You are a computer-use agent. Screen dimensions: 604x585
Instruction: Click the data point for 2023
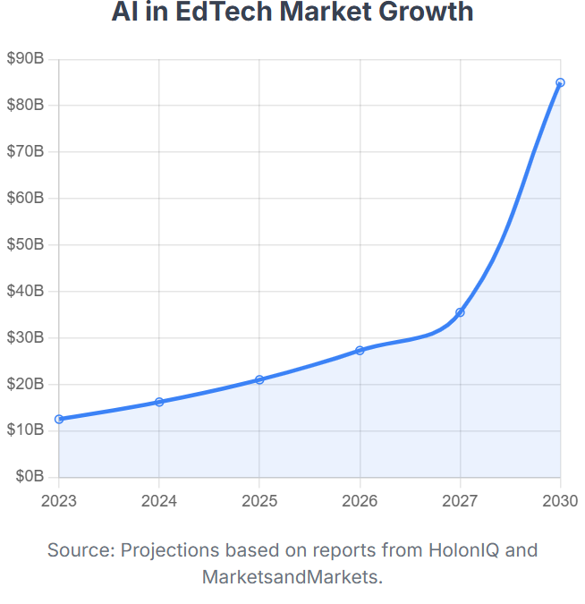coord(59,419)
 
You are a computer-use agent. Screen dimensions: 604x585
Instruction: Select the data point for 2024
coord(159,402)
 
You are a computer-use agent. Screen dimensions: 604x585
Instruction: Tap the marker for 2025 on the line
coord(259,379)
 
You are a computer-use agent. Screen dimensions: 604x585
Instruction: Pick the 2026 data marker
coord(360,350)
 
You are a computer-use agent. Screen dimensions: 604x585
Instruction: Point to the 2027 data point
coord(460,312)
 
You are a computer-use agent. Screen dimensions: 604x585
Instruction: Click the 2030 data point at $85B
coord(560,82)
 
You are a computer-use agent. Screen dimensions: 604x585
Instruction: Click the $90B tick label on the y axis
coord(25,59)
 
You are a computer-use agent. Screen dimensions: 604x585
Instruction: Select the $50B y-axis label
coord(25,244)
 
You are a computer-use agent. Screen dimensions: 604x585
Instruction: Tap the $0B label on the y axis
coord(29,477)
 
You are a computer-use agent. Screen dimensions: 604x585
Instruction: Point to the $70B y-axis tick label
coord(25,151)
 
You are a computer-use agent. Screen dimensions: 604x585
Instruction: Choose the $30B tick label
coord(25,337)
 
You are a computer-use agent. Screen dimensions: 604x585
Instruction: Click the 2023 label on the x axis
coord(59,500)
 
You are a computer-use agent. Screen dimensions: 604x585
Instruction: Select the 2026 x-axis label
coord(360,500)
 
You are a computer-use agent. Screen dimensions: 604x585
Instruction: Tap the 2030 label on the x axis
coord(560,500)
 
